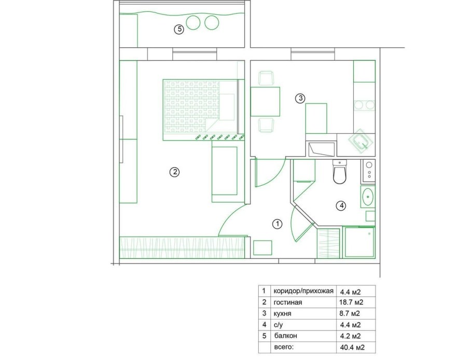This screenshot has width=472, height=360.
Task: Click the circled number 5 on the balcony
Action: [x=179, y=29]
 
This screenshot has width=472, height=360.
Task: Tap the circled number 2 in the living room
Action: [x=175, y=172]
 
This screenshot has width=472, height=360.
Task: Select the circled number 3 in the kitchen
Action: [x=300, y=98]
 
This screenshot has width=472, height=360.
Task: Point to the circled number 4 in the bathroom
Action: [x=341, y=206]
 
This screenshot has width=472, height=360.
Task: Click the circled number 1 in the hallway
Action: [x=277, y=224]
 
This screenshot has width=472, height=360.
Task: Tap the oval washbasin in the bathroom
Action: [x=368, y=197]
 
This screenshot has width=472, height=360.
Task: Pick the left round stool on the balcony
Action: [x=193, y=23]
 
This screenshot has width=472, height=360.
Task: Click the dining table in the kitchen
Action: [x=265, y=102]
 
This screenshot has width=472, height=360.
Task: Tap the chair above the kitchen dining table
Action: [x=267, y=78]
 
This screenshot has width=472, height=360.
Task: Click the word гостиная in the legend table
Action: [x=288, y=302]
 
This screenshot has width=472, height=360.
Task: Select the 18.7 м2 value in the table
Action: [x=351, y=302]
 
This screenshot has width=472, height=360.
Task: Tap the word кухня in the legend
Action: [x=283, y=314]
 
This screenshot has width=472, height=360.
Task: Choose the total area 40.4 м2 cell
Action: [x=352, y=348]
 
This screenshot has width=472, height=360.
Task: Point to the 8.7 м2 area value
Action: [x=350, y=313]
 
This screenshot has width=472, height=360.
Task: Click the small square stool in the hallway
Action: [x=262, y=248]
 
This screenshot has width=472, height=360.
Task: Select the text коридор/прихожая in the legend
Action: [x=303, y=291]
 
